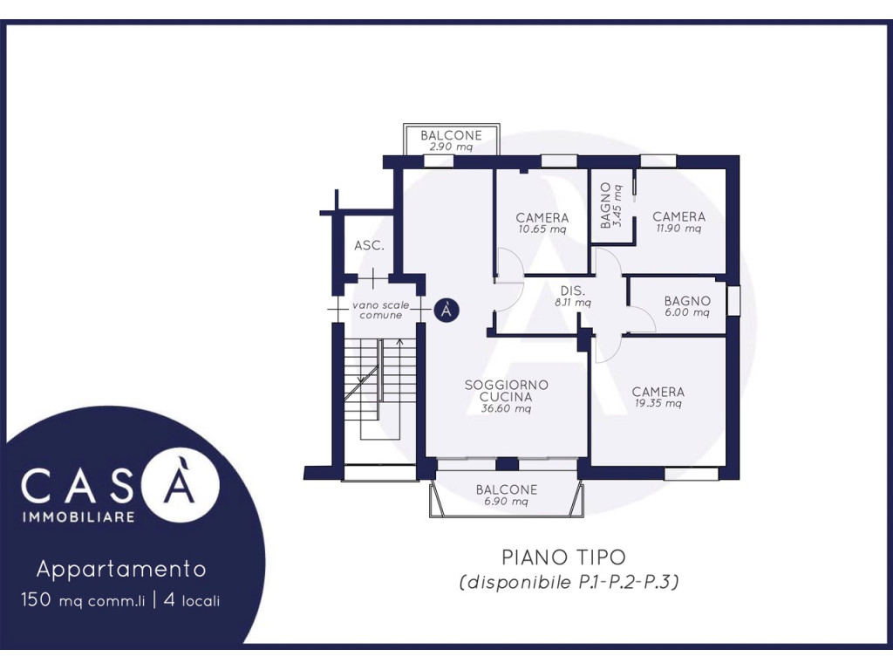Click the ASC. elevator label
click(x=369, y=245)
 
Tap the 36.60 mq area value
click(x=507, y=408)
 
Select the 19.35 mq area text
click(x=658, y=403)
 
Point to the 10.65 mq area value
click(x=542, y=229)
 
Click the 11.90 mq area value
click(x=678, y=229)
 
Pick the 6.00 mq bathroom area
click(x=687, y=312)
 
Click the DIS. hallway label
click(x=572, y=291)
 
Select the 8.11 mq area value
click(x=573, y=303)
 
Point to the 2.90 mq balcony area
click(x=451, y=147)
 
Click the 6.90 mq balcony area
click(x=507, y=502)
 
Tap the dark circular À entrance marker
click(x=446, y=310)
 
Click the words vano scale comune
click(x=380, y=310)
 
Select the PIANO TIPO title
click(x=563, y=557)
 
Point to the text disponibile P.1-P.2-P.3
click(x=569, y=582)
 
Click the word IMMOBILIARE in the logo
click(x=78, y=516)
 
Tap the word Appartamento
click(x=120, y=569)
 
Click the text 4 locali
click(x=191, y=600)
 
